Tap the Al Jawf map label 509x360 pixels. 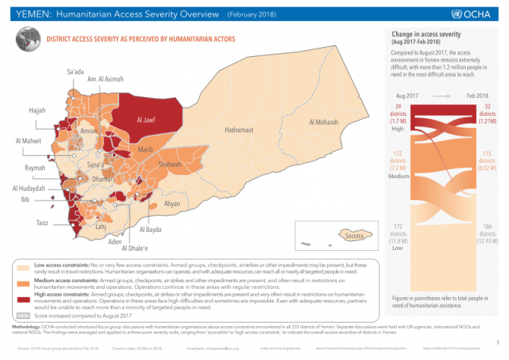pos(147,119)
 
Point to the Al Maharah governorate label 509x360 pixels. pos(323,122)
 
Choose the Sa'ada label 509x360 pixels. pos(76,71)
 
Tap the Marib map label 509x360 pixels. pos(145,150)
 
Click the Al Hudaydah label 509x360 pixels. pos(28,188)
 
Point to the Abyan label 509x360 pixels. pos(171,204)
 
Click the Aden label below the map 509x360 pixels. pos(115,242)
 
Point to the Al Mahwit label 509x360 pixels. pos(28,140)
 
